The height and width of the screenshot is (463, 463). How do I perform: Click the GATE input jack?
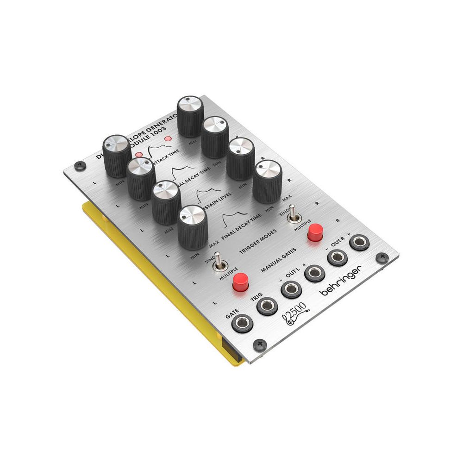[243, 323]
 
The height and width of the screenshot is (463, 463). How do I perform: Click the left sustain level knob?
[167, 201]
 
